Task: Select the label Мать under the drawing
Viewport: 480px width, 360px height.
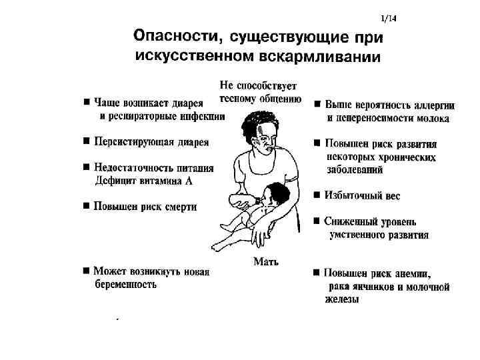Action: point(266,261)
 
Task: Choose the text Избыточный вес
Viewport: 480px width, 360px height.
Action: point(363,196)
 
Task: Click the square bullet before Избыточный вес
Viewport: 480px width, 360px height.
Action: point(317,195)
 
